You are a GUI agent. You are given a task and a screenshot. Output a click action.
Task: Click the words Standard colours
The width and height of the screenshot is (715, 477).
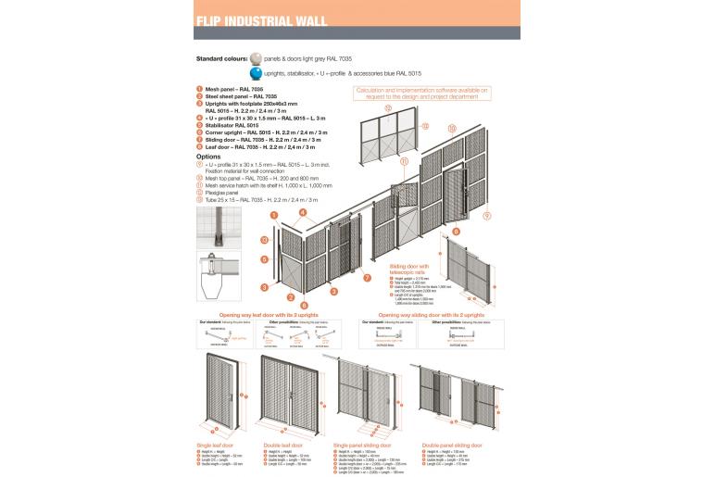221,58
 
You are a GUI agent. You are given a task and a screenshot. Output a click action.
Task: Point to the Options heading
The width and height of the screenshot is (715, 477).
209,157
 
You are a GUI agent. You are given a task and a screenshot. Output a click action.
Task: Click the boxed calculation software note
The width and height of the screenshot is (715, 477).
420,93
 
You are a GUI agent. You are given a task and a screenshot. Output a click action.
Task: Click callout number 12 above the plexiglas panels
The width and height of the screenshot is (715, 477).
387,107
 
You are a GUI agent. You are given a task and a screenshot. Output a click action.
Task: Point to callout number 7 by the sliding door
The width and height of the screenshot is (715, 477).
368,277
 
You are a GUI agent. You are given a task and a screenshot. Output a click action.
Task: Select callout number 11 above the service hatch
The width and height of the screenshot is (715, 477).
405,160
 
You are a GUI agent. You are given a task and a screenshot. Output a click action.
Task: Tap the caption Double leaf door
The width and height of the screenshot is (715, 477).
282,444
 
